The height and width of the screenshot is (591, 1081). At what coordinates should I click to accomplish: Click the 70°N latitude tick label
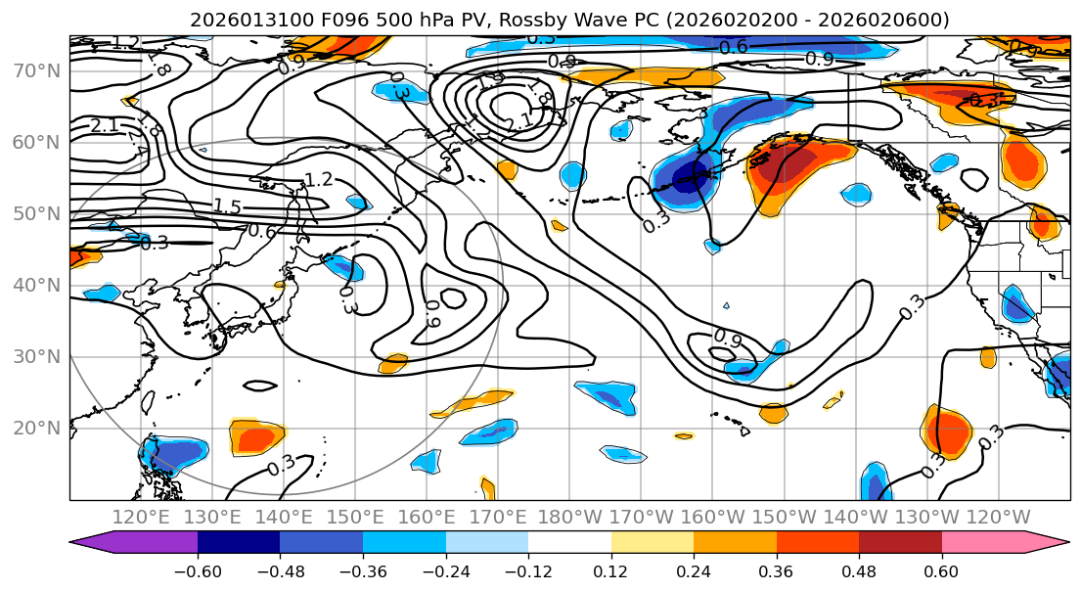click(35, 71)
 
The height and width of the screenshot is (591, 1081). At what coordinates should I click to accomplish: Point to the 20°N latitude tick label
click(35, 429)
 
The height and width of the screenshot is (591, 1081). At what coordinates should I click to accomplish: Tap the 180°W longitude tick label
click(569, 518)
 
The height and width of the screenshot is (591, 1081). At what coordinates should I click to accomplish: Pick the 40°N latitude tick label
click(35, 286)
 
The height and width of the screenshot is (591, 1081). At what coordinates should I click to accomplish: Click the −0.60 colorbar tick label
click(198, 569)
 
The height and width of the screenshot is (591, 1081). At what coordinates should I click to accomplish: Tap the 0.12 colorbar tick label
click(611, 569)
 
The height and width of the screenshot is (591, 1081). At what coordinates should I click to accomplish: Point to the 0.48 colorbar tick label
click(859, 569)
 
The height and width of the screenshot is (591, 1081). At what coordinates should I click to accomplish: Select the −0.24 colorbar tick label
click(445, 569)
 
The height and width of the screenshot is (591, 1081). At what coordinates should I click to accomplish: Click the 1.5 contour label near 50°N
click(228, 206)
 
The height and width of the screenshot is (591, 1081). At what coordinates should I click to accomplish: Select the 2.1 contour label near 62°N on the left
click(105, 125)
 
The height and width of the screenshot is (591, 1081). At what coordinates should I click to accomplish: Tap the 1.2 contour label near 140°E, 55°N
click(319, 179)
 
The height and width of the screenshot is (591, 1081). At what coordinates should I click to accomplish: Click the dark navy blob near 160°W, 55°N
click(689, 177)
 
